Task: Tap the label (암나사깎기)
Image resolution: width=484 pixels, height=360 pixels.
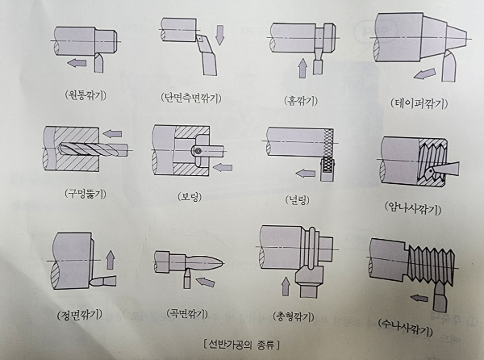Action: point(413,206)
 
